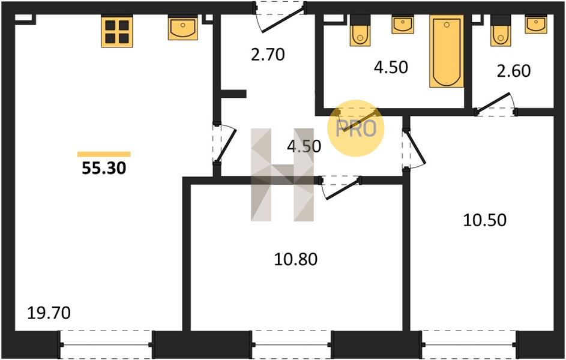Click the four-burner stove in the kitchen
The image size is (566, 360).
(x=117, y=31)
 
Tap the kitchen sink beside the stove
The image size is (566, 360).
(x=182, y=28)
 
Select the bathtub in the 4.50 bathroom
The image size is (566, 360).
(x=447, y=51)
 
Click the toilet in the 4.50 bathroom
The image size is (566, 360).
(x=360, y=31)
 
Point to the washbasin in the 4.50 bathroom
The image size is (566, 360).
(x=403, y=25)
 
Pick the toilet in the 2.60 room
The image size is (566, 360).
(x=501, y=31)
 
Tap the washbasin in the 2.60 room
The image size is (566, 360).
(x=535, y=25)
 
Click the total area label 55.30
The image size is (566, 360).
(x=104, y=168)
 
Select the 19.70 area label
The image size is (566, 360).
(x=49, y=313)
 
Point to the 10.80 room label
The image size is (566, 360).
(x=296, y=259)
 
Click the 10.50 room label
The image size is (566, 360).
(x=484, y=220)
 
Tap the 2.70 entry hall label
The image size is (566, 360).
(x=268, y=55)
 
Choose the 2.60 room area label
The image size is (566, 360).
(x=514, y=71)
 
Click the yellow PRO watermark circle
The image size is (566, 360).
(x=356, y=128)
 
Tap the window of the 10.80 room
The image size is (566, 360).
(x=291, y=344)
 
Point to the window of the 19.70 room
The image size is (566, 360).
(x=106, y=344)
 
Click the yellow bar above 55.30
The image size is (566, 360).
(x=104, y=154)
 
